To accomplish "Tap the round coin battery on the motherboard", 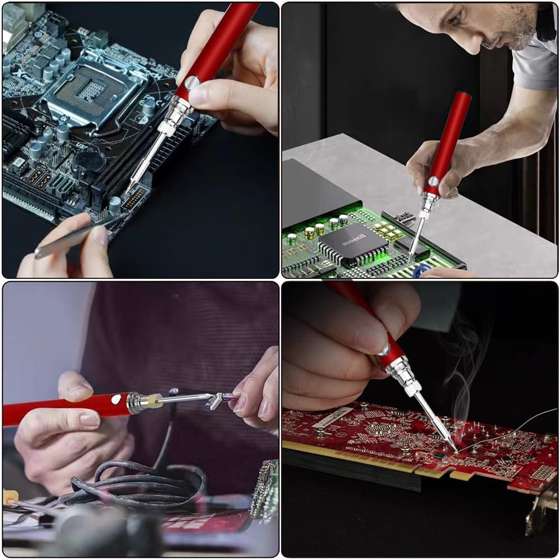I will pos(90,161).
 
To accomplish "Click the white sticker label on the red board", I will pos(333,417).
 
